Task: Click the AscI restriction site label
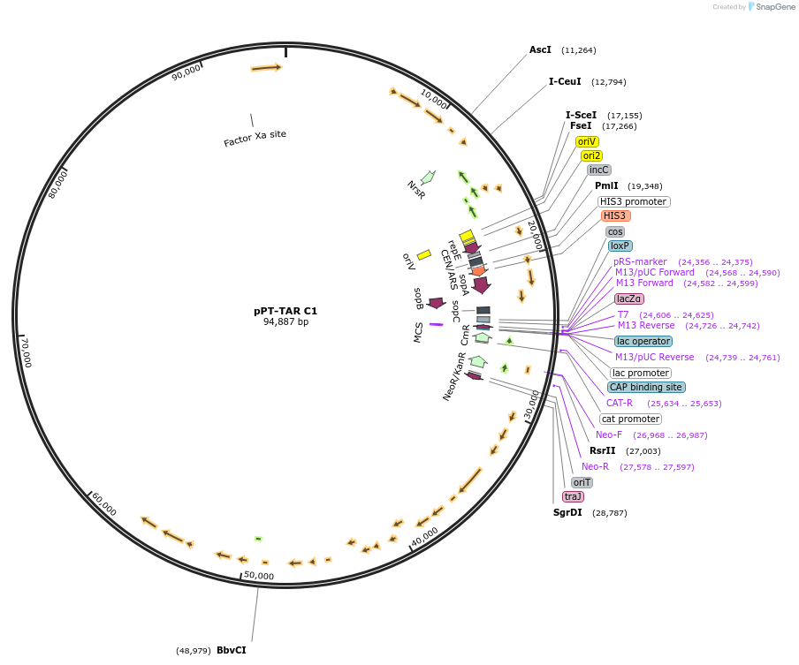click(540, 49)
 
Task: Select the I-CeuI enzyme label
click(565, 81)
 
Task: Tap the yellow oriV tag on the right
click(587, 141)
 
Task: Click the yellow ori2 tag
click(591, 155)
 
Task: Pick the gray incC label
click(598, 170)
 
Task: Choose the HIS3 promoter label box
click(634, 201)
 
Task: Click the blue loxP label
click(620, 246)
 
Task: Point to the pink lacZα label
click(629, 298)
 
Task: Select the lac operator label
click(643, 341)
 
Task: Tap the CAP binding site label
click(646, 387)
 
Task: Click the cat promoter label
click(630, 419)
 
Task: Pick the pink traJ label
click(573, 496)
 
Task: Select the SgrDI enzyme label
click(567, 512)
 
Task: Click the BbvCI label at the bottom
click(232, 650)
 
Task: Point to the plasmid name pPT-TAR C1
click(285, 311)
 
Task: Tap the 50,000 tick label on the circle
click(258, 576)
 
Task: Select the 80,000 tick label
click(58, 185)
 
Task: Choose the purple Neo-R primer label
click(595, 466)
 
